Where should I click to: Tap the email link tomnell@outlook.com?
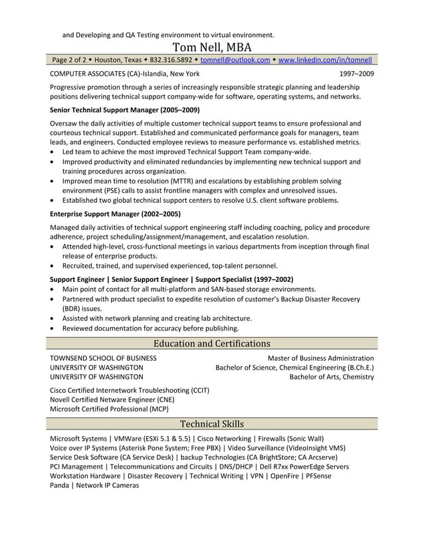tap(235, 60)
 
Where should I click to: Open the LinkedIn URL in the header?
tap(325, 60)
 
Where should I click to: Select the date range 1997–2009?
tap(356, 74)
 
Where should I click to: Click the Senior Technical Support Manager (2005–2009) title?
tap(125, 110)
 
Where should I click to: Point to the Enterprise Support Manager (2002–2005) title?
tap(115, 214)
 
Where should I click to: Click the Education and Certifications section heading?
tap(212, 344)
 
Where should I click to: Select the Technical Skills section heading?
tap(212, 423)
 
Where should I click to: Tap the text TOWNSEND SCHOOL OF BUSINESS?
tap(104, 358)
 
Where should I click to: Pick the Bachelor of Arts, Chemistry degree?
tap(332, 377)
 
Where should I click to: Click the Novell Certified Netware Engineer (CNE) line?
tap(112, 399)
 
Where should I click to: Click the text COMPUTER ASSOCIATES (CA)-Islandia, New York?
tap(124, 74)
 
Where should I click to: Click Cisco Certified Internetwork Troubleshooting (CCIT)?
tap(130, 390)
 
